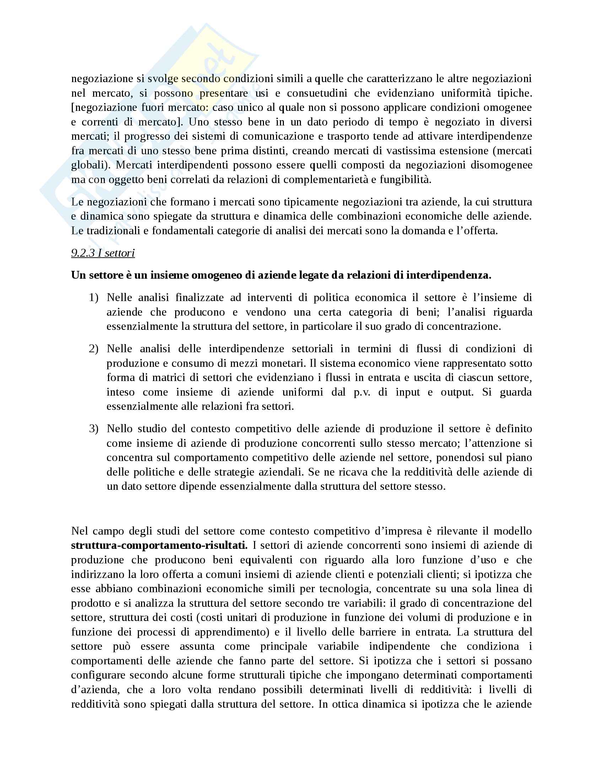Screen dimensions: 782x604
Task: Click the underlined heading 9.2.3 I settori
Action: click(103, 253)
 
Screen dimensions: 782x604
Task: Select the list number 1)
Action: click(93, 298)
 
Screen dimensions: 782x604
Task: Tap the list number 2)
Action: click(93, 349)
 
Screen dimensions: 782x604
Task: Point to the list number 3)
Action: click(93, 429)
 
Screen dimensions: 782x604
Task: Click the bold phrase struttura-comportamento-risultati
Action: click(159, 545)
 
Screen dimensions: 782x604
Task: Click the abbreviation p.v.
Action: click(363, 392)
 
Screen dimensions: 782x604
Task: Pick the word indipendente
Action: click(399, 646)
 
